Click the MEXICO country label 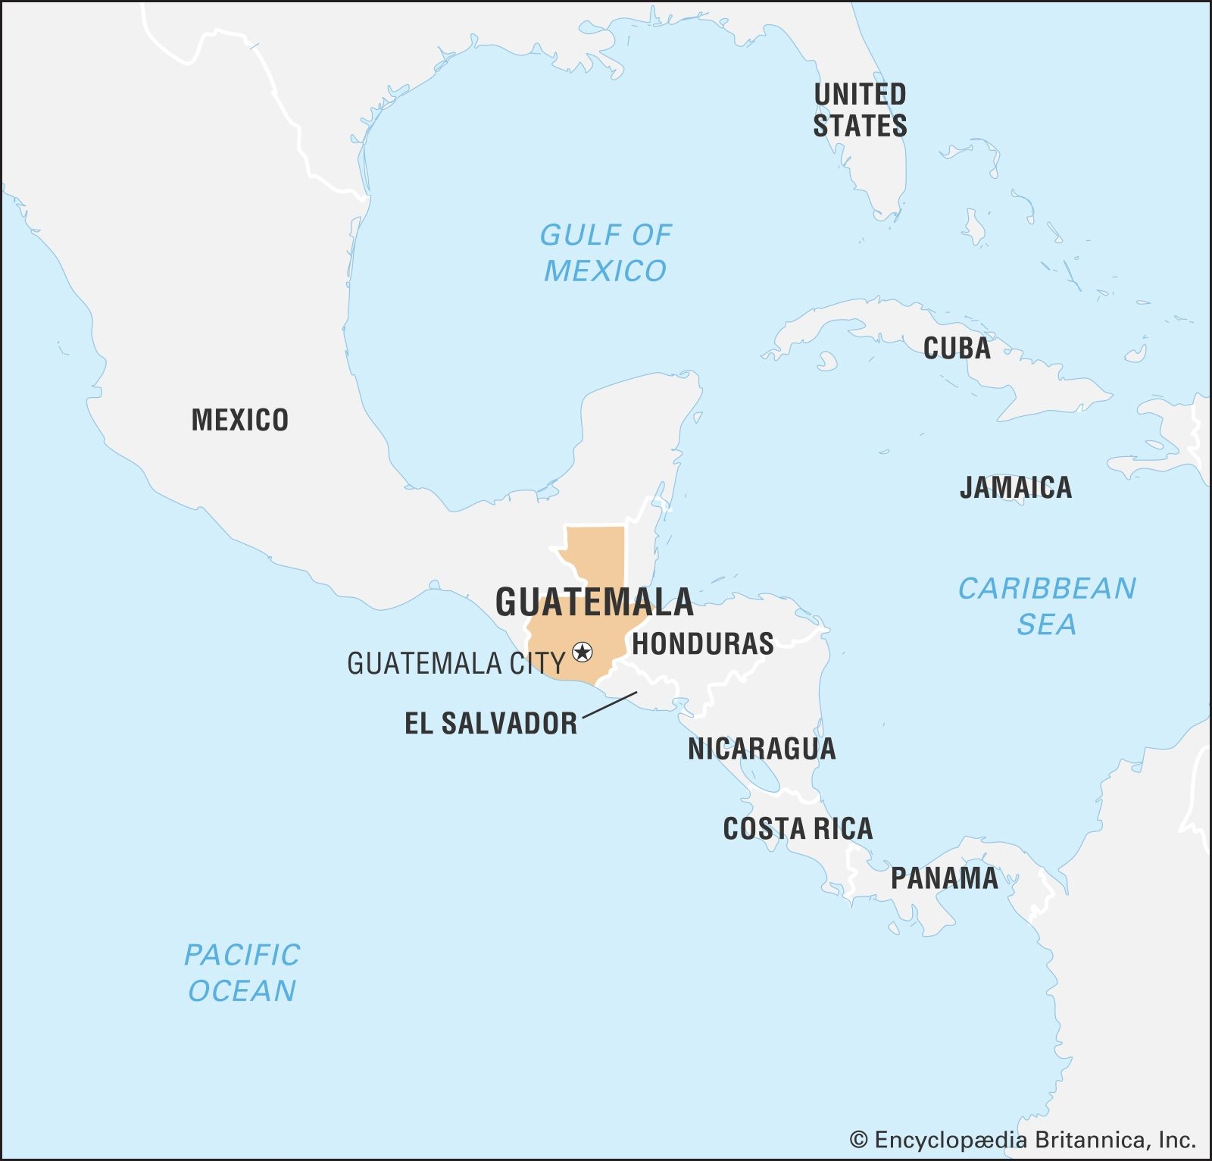239,420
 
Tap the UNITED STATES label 860,110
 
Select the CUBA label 957,349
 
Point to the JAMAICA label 1016,487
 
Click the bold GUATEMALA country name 594,602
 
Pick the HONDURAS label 703,644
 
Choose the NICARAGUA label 761,749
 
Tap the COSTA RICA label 798,828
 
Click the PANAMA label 944,878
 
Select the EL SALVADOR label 491,723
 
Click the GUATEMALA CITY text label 456,664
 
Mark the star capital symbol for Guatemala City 582,651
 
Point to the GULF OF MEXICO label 605,252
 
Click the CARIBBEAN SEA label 1047,606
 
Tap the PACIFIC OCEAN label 242,972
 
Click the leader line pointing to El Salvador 610,704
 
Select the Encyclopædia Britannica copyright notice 1023,1140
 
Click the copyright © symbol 858,1140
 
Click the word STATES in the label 860,126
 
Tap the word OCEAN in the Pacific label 242,990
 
